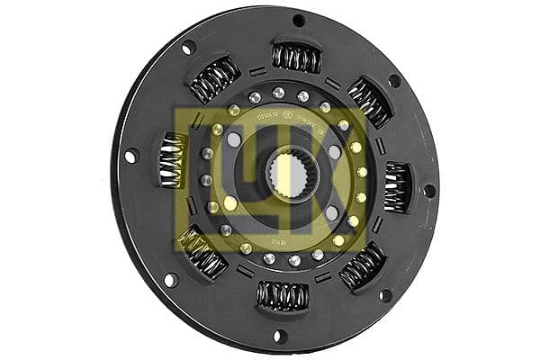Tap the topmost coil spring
(x=296, y=58)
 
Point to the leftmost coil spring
(x=172, y=160)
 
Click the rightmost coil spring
(x=395, y=187)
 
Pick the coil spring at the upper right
(x=368, y=100)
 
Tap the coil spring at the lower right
(x=363, y=265)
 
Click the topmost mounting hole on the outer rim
(x=298, y=20)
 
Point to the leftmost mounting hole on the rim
(x=131, y=156)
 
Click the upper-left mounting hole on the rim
(x=188, y=48)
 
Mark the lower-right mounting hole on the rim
(x=385, y=295)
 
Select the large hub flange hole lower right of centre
(x=331, y=212)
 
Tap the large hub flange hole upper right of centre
(x=335, y=152)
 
